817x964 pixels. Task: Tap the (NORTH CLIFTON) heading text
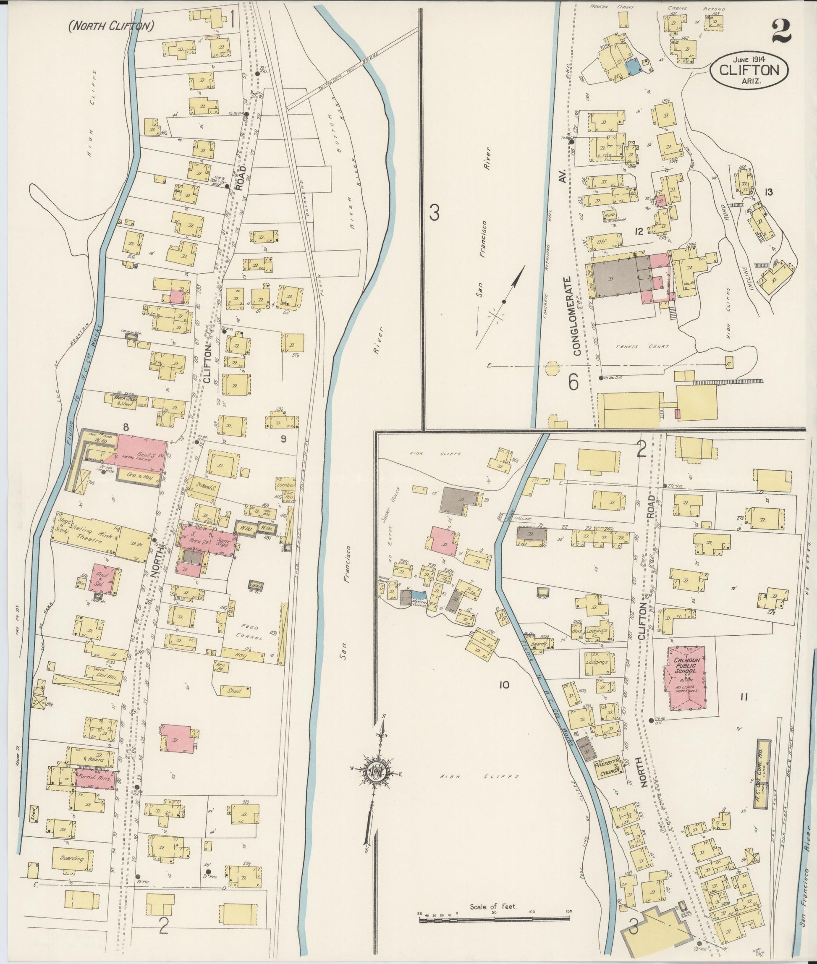tap(111, 27)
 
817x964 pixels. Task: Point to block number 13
tap(768, 192)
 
